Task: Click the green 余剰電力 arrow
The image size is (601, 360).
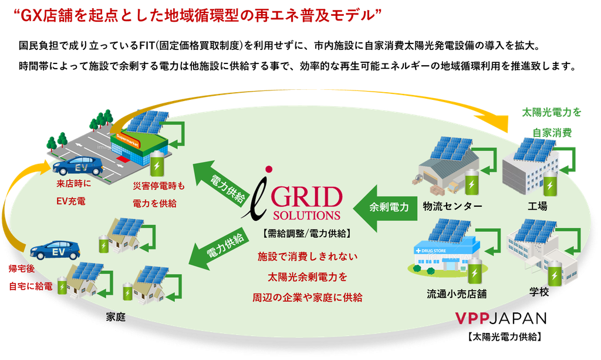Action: point(385,208)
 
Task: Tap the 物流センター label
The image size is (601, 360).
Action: point(453,207)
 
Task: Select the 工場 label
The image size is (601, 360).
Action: point(538,206)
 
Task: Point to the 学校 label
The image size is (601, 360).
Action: point(539,292)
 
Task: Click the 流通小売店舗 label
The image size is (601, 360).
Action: point(457,294)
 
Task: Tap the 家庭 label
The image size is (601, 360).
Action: point(116,317)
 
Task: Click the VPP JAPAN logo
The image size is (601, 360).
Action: point(501,318)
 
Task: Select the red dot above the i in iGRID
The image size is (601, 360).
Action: point(269,169)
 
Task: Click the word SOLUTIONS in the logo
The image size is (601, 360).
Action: point(306,215)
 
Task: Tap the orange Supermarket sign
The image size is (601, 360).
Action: point(127,141)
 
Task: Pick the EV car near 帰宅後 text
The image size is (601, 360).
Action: point(55,250)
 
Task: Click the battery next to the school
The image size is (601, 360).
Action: point(554,273)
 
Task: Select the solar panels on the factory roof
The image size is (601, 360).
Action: point(534,150)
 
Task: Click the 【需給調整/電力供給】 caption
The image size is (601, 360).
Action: point(306,233)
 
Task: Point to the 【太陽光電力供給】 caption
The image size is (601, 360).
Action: point(504,337)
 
